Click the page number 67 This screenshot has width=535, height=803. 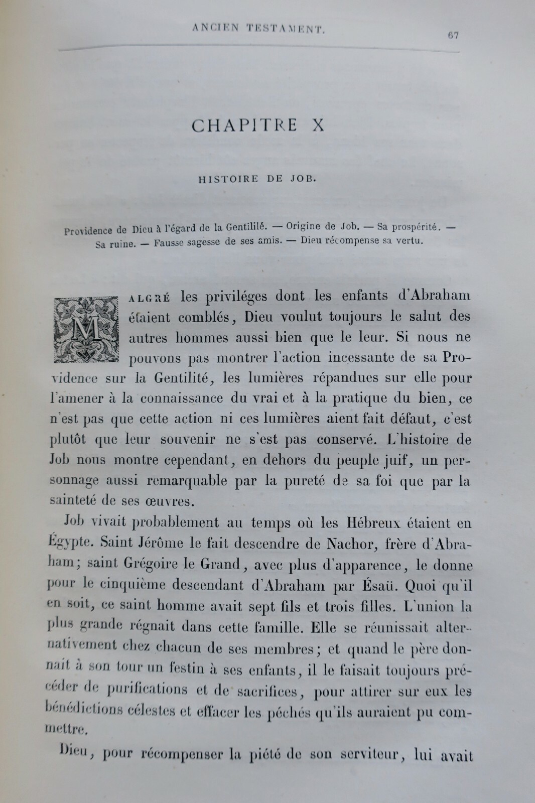tap(452, 35)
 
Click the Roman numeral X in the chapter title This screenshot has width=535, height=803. tap(317, 124)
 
